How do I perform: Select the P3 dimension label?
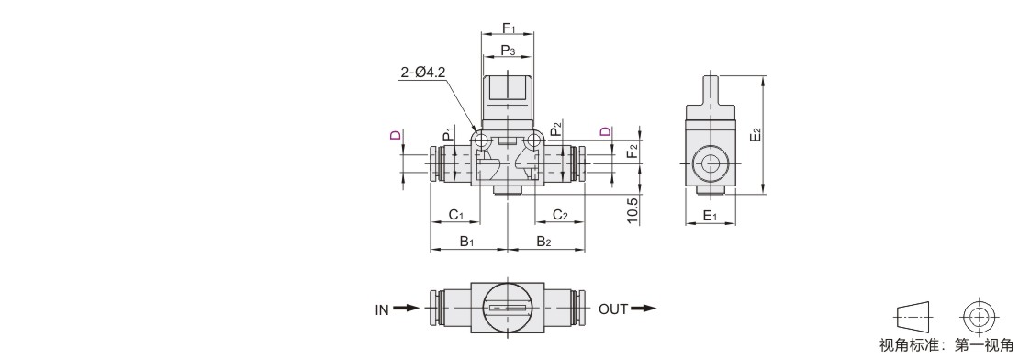508,50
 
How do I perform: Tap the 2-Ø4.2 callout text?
422,73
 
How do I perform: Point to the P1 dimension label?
448,133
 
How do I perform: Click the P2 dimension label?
555,129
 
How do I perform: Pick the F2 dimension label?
632,153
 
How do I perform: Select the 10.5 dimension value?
633,210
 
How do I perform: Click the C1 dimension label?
455,215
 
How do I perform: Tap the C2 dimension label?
560,215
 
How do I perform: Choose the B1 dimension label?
467,242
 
